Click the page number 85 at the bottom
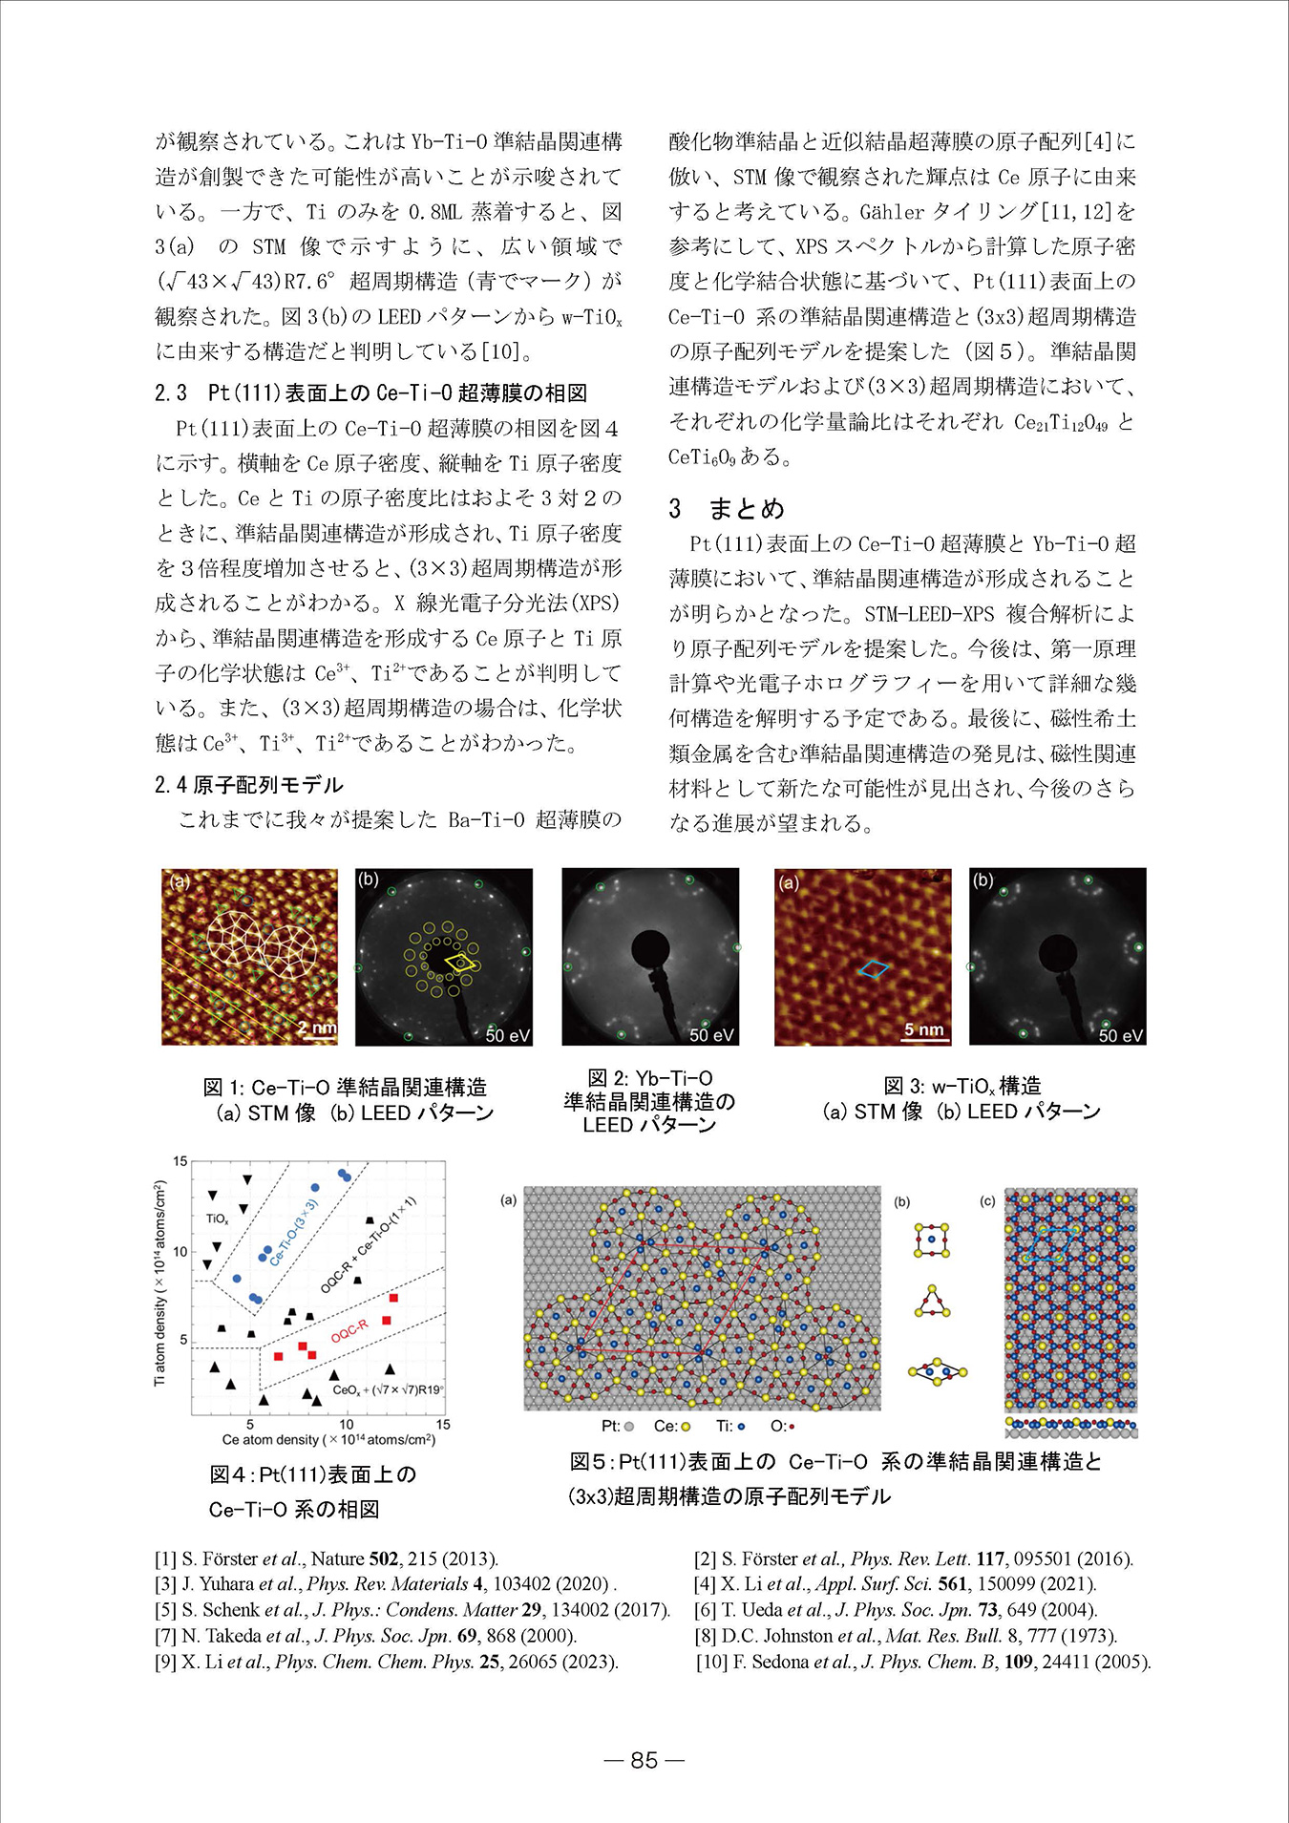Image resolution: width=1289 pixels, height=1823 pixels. pyautogui.click(x=644, y=1760)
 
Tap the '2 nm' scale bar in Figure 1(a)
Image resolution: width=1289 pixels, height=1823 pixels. pyautogui.click(x=317, y=1028)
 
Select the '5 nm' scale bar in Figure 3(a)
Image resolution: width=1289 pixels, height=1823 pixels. pyautogui.click(x=923, y=1029)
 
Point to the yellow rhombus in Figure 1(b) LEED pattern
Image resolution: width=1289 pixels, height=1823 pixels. pyautogui.click(x=459, y=962)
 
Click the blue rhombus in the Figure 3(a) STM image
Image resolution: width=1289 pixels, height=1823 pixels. pyautogui.click(x=873, y=969)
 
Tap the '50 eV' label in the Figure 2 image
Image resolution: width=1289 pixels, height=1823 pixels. pyautogui.click(x=711, y=1034)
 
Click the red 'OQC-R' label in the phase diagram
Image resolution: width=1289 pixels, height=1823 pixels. pyautogui.click(x=349, y=1330)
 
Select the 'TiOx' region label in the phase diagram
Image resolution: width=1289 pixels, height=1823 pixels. pyautogui.click(x=217, y=1219)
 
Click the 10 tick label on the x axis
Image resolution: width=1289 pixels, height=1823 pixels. pyautogui.click(x=347, y=1425)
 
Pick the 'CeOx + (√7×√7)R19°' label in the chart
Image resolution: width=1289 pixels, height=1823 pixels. pyautogui.click(x=388, y=1390)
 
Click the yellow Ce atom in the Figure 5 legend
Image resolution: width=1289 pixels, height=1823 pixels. pyautogui.click(x=686, y=1427)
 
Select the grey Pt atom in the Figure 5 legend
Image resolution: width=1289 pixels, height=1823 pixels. pyautogui.click(x=628, y=1427)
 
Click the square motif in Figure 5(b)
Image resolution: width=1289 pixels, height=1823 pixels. pyautogui.click(x=932, y=1240)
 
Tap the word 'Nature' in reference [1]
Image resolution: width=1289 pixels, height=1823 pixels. pyautogui.click(x=338, y=1559)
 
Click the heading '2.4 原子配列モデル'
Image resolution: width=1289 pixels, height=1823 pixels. pyautogui.click(x=248, y=785)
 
